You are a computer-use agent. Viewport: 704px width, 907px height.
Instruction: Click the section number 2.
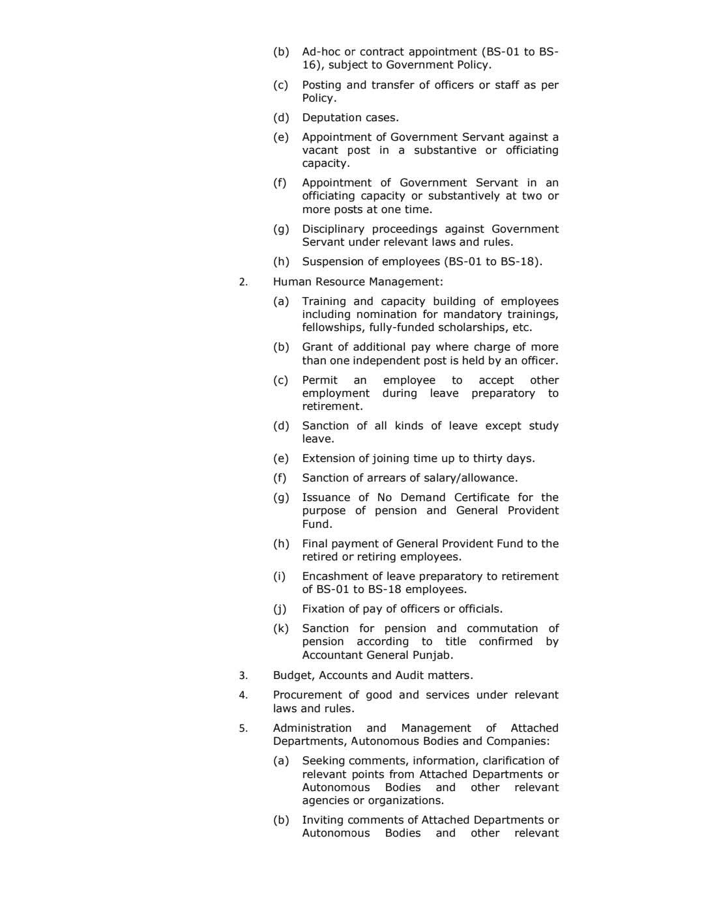242,282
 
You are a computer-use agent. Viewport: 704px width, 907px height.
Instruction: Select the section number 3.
242,676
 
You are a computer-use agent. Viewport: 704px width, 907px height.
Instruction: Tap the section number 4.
242,695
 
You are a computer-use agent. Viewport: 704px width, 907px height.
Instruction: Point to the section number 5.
242,728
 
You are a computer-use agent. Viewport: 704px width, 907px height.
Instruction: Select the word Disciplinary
332,229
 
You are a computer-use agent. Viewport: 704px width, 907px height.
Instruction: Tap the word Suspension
332,262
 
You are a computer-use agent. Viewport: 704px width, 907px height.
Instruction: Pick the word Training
324,302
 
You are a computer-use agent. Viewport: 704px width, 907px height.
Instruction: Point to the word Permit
319,381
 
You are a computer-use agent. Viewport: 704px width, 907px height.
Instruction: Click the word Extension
329,459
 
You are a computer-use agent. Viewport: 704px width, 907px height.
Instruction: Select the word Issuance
326,498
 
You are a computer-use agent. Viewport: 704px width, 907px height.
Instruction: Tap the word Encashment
335,577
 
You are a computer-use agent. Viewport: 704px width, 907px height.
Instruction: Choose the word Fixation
323,609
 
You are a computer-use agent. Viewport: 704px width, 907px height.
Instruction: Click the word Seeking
323,761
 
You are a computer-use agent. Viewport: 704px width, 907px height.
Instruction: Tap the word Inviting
323,820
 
